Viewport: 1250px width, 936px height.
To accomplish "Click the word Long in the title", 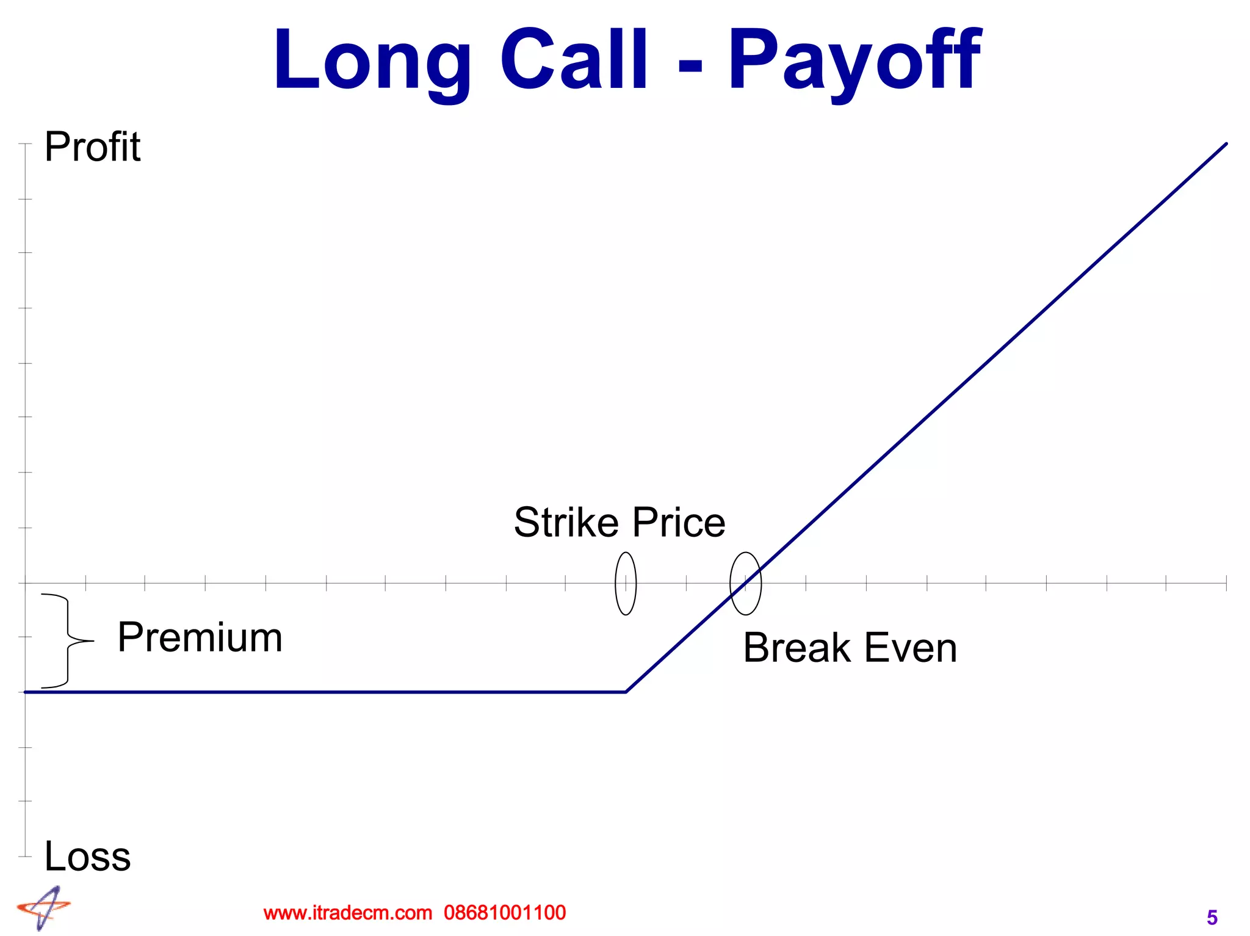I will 372,61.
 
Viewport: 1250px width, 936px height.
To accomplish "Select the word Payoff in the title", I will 854,61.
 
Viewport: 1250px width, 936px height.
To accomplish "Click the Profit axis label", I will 92,147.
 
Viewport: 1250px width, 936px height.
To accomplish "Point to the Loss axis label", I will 87,856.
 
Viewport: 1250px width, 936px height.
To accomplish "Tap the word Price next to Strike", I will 679,523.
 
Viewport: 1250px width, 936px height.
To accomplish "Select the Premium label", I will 200,637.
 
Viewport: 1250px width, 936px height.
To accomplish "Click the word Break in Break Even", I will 797,648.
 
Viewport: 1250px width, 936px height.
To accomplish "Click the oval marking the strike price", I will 626,583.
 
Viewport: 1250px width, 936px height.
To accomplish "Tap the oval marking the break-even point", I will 745,583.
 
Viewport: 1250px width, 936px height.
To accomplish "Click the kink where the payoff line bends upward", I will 626,692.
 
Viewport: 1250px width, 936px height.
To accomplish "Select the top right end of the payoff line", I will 1226,144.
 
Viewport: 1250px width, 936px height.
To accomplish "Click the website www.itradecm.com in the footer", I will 347,913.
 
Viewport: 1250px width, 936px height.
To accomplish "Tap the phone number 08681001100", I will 505,913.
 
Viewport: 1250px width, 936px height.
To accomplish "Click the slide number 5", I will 1212,918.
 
